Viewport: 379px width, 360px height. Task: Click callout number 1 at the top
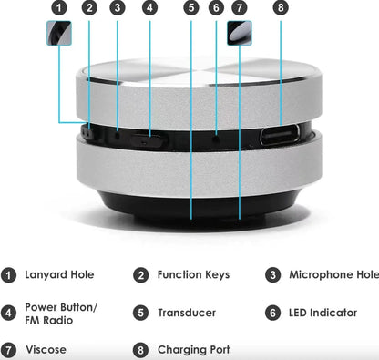click(59, 8)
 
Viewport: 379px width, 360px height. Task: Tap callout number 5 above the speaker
click(190, 8)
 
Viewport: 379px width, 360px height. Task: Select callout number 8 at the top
click(280, 8)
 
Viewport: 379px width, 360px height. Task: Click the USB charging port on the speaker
click(280, 138)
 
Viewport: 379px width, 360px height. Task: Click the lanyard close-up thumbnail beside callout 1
click(59, 33)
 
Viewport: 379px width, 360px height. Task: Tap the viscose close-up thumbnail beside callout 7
click(240, 33)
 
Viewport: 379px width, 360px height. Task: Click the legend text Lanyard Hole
click(59, 274)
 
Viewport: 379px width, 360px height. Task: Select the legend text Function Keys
click(193, 274)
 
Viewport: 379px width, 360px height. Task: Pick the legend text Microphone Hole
click(333, 274)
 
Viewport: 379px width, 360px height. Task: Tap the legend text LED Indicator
click(323, 313)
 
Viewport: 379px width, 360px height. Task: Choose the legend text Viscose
click(46, 349)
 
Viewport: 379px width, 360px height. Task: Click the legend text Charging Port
click(193, 349)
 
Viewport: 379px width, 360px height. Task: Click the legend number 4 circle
click(9, 313)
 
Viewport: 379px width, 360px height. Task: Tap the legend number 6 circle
click(272, 313)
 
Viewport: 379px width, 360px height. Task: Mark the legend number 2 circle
click(141, 274)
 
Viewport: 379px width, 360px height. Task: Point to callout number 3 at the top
click(118, 8)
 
